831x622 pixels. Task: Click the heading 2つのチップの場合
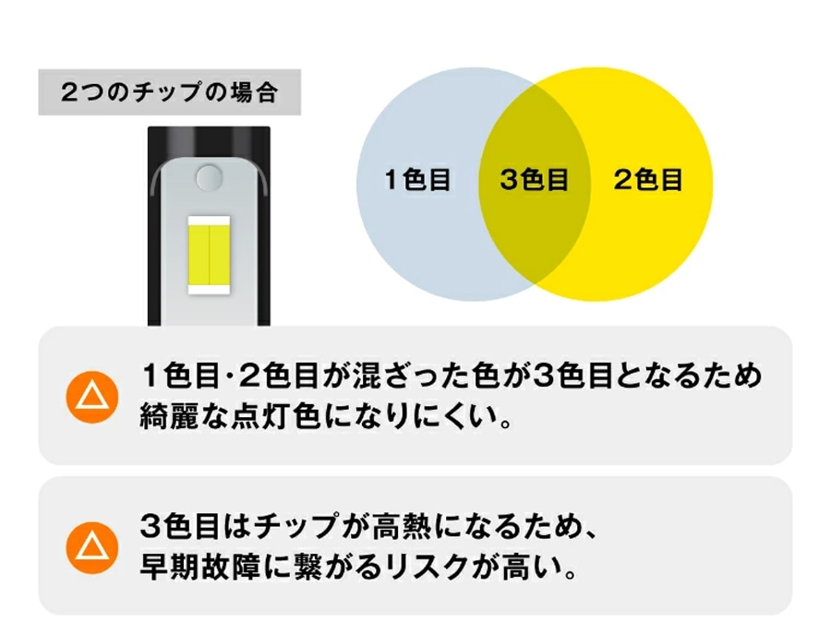click(169, 91)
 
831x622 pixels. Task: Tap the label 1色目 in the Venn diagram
click(417, 179)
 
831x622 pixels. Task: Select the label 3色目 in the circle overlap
click(534, 179)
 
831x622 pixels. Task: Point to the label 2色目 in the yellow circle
click(648, 179)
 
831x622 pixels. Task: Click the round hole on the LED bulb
click(209, 177)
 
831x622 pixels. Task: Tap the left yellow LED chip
click(199, 255)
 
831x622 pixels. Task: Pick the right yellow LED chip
click(220, 255)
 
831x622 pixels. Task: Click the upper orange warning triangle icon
click(92, 397)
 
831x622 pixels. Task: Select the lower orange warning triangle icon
click(92, 547)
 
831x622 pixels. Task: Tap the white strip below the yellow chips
click(209, 290)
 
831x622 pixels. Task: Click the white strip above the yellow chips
click(209, 220)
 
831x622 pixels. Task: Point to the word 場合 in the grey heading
click(255, 91)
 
